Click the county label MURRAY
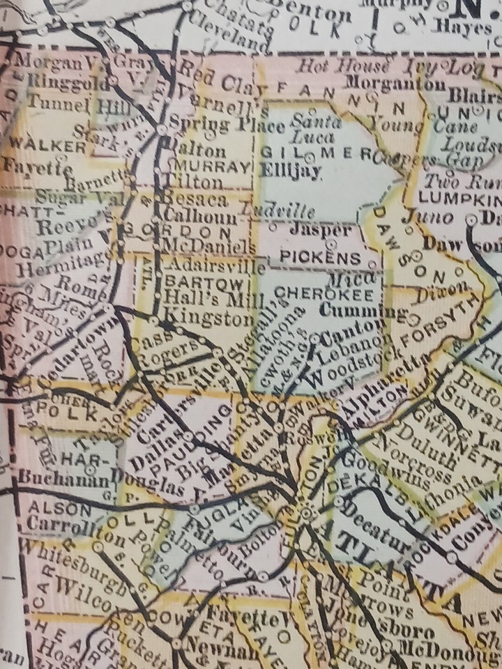[213, 167]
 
